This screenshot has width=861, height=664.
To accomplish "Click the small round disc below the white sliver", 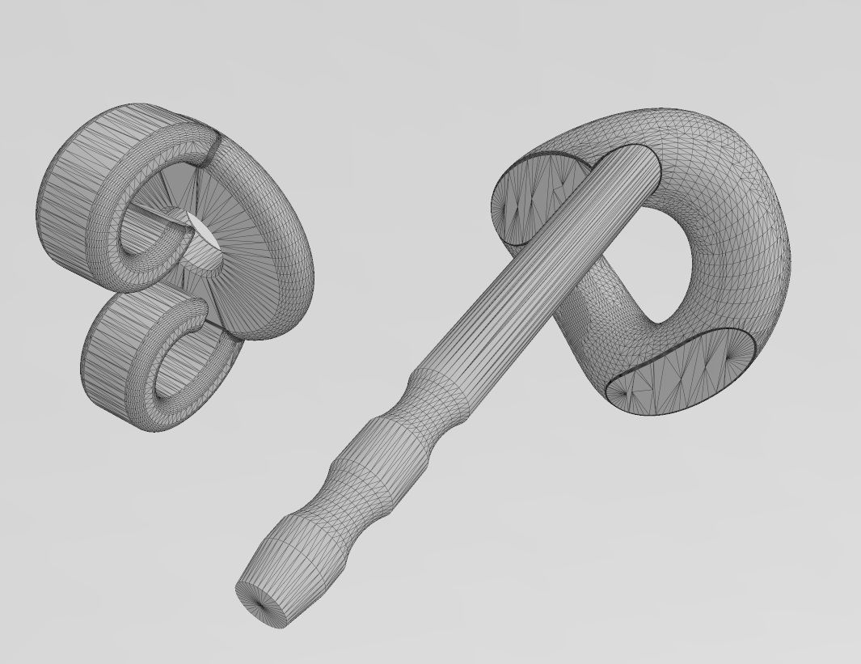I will tap(200, 259).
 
